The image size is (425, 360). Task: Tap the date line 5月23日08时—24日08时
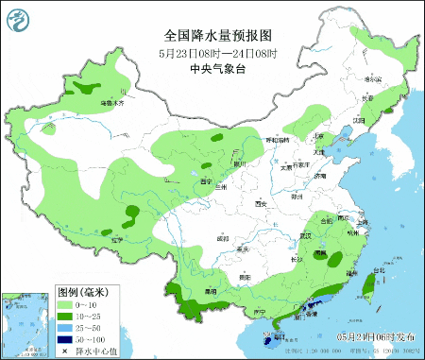pos(213,54)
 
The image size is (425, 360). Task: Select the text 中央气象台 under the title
pos(213,69)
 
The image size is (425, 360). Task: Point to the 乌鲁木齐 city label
pos(112,102)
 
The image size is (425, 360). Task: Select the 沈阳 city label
pos(359,121)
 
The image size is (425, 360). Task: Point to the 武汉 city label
pos(304,236)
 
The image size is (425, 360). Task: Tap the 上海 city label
pos(363,222)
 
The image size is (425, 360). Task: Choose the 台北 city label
pos(379,271)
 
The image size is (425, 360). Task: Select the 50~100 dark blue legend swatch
pos(66,337)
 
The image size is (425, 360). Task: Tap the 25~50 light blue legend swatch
pos(66,327)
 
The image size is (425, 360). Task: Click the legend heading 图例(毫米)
pos(80,292)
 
